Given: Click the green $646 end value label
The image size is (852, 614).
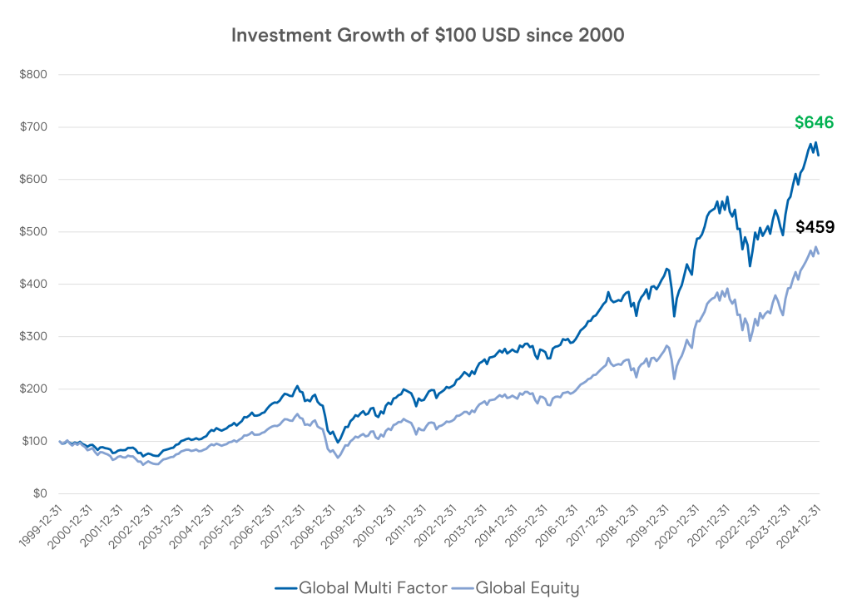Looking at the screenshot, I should coord(814,123).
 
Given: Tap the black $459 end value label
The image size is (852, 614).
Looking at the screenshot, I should coord(815,227).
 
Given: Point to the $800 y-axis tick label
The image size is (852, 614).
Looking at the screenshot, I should coord(34,75).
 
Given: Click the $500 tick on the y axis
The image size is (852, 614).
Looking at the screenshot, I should coord(34,232).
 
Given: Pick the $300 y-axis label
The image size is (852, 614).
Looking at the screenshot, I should coord(34,337).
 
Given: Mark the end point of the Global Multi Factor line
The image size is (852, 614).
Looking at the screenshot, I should coord(819,155).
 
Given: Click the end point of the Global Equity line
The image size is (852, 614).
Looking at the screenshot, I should coord(819,253).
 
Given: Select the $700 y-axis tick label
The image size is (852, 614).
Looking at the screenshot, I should coord(34,127).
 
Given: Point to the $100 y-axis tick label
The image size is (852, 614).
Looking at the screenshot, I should coord(34,442).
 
